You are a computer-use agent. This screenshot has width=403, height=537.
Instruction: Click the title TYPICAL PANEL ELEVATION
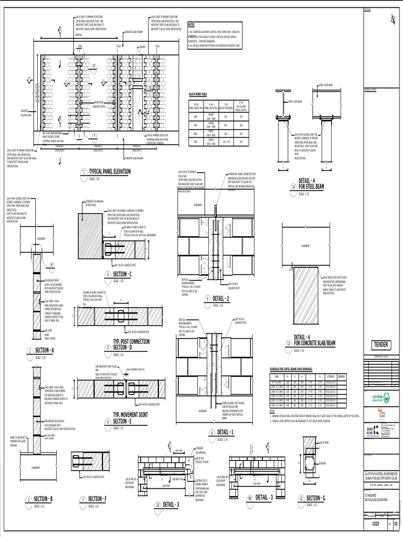coord(110,171)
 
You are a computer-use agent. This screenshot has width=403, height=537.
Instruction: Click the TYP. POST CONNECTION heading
coord(131,341)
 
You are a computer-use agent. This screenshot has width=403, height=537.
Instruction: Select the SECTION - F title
coord(97,499)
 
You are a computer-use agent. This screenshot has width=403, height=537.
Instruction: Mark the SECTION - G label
coord(316,498)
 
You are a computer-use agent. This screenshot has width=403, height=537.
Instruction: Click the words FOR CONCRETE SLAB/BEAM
coord(314,343)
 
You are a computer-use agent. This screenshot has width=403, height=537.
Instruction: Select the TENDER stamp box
coord(380,345)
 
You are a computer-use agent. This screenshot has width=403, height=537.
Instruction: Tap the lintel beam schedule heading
coord(296,370)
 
